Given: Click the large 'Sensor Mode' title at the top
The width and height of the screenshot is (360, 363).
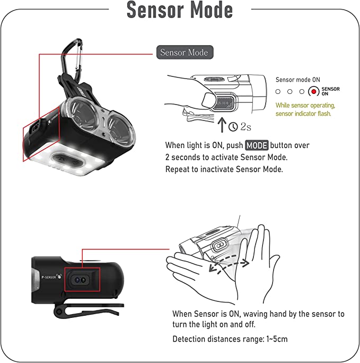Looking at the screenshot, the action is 180,10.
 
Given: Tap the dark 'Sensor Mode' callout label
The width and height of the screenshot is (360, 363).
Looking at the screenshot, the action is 185,53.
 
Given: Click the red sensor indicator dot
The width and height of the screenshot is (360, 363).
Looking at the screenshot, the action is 313,92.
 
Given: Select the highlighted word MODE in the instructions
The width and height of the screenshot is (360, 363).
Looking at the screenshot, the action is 257,145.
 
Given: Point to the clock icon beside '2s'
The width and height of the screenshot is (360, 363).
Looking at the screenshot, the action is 233,127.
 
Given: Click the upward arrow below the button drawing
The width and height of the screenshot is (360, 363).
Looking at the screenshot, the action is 222,125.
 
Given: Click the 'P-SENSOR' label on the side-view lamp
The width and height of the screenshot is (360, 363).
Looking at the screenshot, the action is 49,277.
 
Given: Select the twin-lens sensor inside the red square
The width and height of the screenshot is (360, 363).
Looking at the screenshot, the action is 80,280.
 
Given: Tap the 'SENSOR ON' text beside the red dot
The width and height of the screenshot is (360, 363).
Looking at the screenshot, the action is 330,91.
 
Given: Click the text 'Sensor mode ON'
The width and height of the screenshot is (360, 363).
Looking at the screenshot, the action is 297,80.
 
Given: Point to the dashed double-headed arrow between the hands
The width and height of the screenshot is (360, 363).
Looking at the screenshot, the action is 229,263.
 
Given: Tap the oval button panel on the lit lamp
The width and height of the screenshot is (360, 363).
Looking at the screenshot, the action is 67,160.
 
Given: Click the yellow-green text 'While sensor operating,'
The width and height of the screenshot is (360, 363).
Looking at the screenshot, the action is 305,105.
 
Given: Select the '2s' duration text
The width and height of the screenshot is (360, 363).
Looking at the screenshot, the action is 245,127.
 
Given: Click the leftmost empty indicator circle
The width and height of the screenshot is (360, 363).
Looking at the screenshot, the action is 278,92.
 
